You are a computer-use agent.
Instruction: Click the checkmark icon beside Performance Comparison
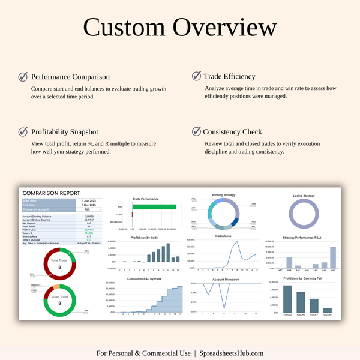[x=23, y=77]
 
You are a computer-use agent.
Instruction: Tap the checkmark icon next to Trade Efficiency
[x=196, y=76]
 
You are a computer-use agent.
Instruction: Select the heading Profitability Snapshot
[x=64, y=131]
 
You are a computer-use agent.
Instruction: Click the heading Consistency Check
[x=232, y=131]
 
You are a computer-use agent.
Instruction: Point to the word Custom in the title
[x=124, y=28]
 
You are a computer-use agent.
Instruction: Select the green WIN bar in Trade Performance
[x=154, y=206]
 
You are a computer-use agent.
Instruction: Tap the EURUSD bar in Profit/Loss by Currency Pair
[x=287, y=299]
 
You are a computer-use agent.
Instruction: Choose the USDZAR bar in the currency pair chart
[x=328, y=310]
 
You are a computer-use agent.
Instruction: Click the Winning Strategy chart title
[x=223, y=195]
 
